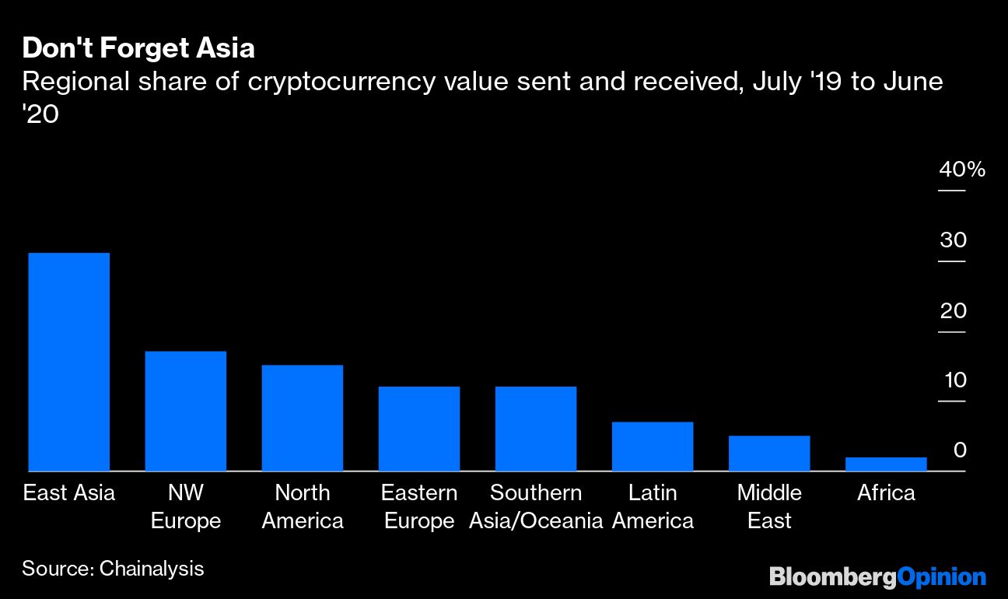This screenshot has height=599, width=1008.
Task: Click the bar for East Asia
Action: coord(68,362)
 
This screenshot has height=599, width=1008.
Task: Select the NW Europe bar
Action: coord(185,411)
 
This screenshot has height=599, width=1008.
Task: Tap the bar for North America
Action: coord(302,418)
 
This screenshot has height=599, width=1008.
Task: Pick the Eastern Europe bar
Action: coord(418,429)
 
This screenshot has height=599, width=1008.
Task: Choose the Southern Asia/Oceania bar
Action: coord(535,429)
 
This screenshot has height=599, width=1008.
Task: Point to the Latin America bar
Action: coord(652,447)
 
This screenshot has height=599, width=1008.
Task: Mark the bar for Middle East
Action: coord(768,454)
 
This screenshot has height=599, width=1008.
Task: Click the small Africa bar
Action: coord(885,464)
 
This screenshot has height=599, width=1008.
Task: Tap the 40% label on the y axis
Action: coord(961,170)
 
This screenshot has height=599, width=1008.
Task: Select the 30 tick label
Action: coord(953,240)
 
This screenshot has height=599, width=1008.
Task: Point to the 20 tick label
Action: coord(953,311)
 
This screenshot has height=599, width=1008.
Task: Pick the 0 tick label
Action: coord(960,450)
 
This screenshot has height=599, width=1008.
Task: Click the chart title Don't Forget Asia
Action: coord(138,48)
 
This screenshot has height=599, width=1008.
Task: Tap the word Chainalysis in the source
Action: coord(152,569)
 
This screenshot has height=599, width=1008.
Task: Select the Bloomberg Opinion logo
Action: coord(877,576)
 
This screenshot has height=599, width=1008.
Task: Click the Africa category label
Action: coord(886,493)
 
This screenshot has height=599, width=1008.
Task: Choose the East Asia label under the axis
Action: coord(68,493)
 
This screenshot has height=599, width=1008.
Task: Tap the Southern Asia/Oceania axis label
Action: coord(536,506)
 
